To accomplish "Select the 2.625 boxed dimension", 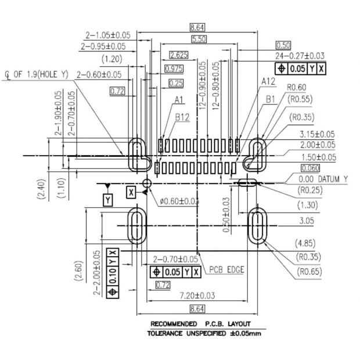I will (x=179, y=55).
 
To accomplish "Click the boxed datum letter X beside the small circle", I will (x=131, y=192).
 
